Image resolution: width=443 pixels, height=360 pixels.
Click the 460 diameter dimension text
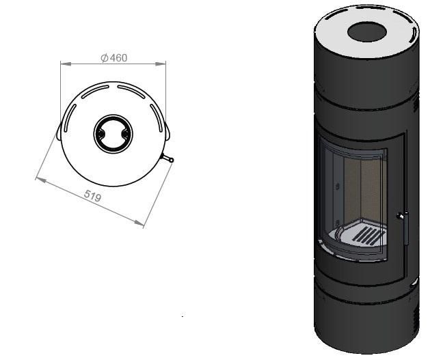(x=114, y=58)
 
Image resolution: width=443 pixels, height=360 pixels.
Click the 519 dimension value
(x=93, y=195)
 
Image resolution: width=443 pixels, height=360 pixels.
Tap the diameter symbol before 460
(x=104, y=58)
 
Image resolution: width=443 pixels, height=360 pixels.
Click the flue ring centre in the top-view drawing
(x=113, y=134)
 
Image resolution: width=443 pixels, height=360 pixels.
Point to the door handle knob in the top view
(x=171, y=160)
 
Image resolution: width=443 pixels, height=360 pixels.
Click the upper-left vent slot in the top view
(x=95, y=92)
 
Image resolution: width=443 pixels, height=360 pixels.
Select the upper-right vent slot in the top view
(x=131, y=92)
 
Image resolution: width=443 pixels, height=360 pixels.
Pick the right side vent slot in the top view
(x=157, y=117)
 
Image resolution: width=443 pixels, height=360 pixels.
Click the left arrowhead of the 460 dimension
(x=65, y=64)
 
